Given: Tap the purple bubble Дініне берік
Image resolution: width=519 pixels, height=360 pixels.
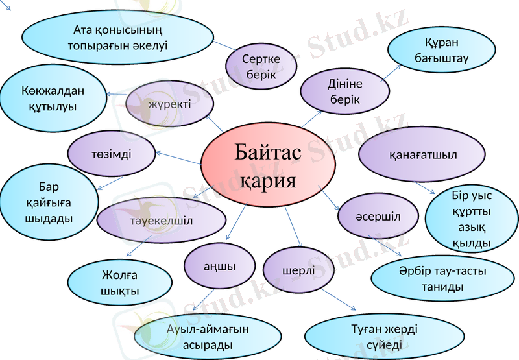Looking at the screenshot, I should point(344,91).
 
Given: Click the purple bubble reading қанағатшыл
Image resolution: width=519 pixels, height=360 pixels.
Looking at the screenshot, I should point(422,155).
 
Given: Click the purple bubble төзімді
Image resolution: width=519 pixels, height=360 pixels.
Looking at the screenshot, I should point(111,153).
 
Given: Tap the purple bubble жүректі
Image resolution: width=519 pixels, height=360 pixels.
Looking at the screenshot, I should point(169,104).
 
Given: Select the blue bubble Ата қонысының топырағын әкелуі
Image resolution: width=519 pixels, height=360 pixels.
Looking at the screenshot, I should point(117,38).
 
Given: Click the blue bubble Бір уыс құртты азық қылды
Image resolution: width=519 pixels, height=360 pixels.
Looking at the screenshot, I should point(472,219).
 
